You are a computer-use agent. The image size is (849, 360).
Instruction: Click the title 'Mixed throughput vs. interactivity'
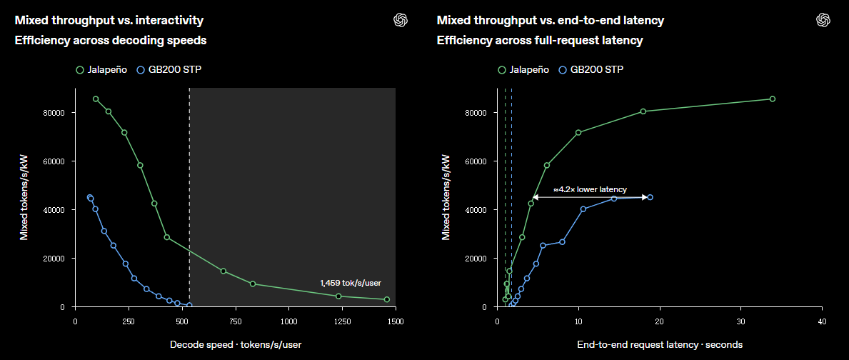pos(109,21)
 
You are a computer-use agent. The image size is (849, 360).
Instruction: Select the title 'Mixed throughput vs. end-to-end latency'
pos(551,21)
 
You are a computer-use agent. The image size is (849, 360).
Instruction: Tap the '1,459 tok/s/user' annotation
pos(351,283)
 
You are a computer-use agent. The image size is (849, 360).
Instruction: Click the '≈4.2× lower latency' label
pos(590,189)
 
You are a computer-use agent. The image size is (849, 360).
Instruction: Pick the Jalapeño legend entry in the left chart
pos(102,70)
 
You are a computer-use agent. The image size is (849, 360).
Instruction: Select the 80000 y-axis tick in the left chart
pos(54,113)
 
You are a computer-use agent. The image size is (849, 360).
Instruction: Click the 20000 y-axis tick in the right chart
pos(476,259)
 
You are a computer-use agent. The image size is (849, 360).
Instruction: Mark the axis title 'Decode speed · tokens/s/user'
pos(235,345)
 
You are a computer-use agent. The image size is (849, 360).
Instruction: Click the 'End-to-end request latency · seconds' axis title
pos(660,345)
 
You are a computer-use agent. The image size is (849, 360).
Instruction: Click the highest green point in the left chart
pos(96,99)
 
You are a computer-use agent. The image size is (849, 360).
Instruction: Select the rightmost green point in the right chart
pos(772,99)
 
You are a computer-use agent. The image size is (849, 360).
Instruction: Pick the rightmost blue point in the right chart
pos(650,198)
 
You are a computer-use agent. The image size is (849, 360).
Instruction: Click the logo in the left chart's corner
pos(400,20)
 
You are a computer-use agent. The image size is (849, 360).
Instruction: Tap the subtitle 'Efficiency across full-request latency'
pos(540,40)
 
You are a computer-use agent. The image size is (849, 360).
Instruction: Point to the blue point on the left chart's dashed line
pos(189,305)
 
